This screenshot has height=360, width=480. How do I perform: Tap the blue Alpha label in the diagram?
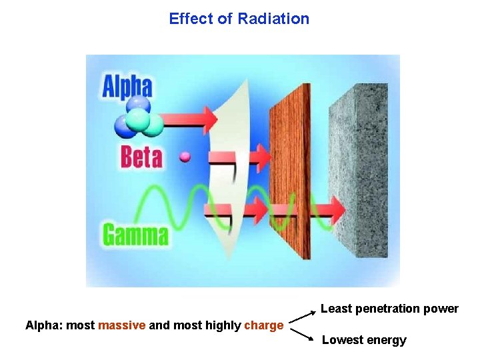(x=127, y=87)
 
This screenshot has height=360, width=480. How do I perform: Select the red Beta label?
(x=141, y=157)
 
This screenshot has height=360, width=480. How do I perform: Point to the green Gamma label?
(x=135, y=235)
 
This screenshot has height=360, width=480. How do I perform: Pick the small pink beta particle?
(x=185, y=157)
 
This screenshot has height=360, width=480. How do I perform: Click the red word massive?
(x=121, y=325)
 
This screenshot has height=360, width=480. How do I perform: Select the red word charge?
(x=264, y=325)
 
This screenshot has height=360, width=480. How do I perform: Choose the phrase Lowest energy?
(x=364, y=340)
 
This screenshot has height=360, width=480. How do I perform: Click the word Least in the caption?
(x=335, y=309)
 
